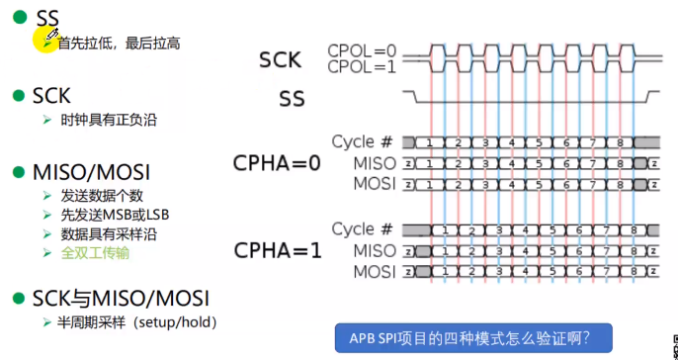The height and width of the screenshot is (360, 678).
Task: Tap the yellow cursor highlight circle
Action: pyautogui.click(x=45, y=40)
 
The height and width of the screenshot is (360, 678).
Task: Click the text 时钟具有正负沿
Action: pyautogui.click(x=108, y=120)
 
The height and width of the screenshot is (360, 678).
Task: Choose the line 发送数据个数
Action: pyautogui.click(x=102, y=196)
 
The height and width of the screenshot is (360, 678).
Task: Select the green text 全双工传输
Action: pyautogui.click(x=95, y=252)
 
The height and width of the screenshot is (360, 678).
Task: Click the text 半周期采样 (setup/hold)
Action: pyautogui.click(x=137, y=322)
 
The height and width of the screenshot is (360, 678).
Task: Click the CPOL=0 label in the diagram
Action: pyautogui.click(x=361, y=50)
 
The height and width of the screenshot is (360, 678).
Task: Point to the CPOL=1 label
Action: pyautogui.click(x=361, y=67)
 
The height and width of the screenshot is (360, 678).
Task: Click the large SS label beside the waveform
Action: pyautogui.click(x=293, y=98)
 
